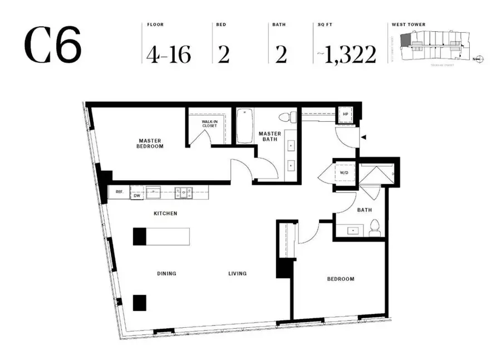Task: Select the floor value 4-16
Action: [169, 54]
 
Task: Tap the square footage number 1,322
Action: [350, 54]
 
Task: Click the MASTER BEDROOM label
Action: [150, 143]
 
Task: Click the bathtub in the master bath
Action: [245, 126]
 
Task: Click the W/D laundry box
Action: [345, 172]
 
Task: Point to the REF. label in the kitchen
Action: [119, 192]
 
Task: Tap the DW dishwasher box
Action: [136, 195]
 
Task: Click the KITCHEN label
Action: [165, 213]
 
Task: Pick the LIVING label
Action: [238, 273]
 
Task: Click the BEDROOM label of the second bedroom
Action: [340, 279]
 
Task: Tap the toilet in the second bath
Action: [376, 228]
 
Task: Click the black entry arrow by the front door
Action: [364, 136]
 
